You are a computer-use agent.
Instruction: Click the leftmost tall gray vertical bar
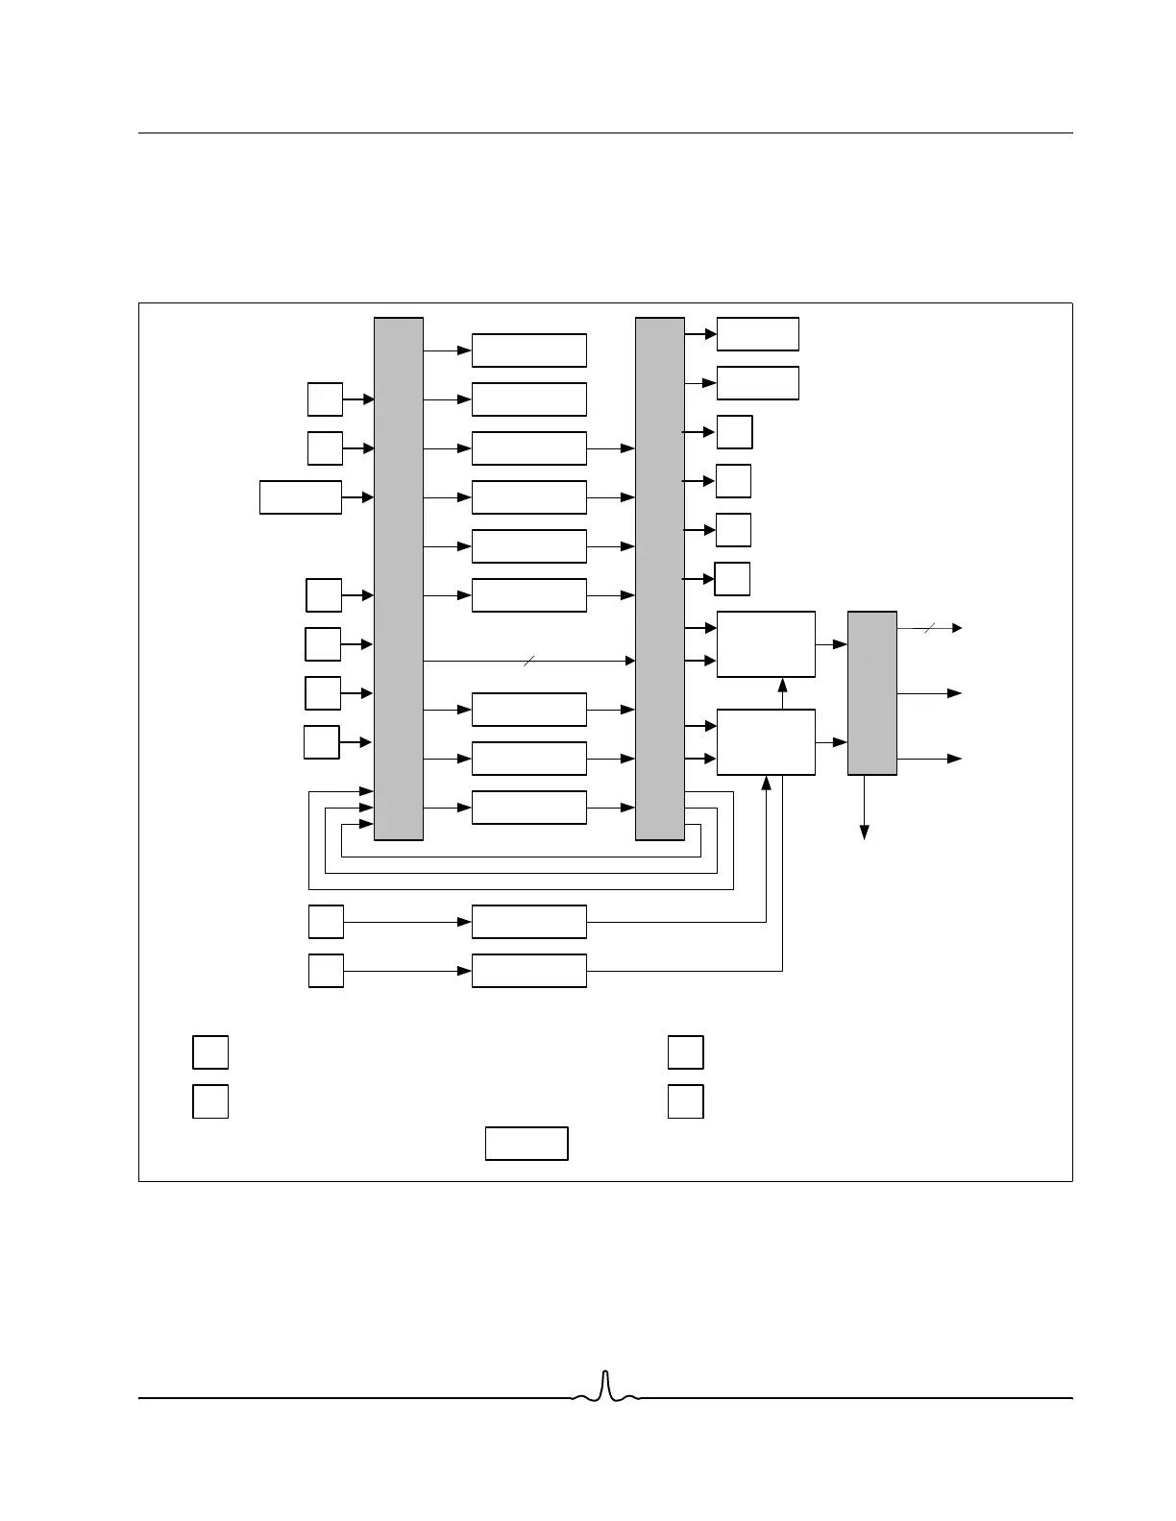(398, 578)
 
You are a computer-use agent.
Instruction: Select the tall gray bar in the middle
(660, 578)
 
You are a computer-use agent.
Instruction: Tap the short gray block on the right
(871, 692)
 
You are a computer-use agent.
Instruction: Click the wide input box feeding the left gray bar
(301, 497)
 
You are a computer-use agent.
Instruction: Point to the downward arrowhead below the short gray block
(864, 832)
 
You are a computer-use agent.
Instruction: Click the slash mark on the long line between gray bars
(528, 661)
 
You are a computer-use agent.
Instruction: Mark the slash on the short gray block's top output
(928, 628)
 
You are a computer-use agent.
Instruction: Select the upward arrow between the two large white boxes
(782, 687)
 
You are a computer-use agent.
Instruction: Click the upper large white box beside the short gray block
(766, 644)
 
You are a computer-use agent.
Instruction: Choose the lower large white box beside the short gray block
(766, 742)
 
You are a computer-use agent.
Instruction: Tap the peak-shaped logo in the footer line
(605, 1388)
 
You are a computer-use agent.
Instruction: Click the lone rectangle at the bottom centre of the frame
(527, 1144)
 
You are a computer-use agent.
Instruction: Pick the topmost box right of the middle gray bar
(757, 334)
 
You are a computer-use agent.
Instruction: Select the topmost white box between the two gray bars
(528, 350)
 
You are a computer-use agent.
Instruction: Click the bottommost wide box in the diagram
(528, 971)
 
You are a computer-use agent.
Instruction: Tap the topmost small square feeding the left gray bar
(325, 398)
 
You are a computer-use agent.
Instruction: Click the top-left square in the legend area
(210, 1052)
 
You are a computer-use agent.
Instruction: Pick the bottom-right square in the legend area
(685, 1101)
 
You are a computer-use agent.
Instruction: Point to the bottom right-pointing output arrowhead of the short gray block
(955, 759)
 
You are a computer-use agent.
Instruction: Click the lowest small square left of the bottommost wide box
(326, 971)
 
